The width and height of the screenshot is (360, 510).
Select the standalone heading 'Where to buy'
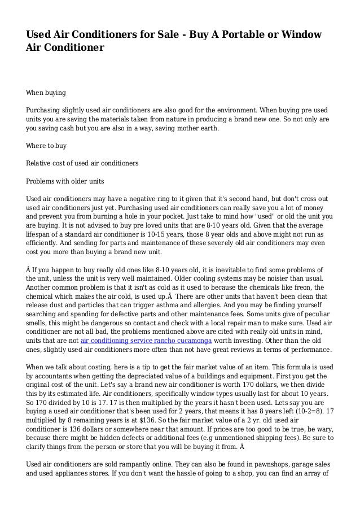(46, 146)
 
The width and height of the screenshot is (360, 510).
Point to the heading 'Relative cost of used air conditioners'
(82, 164)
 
